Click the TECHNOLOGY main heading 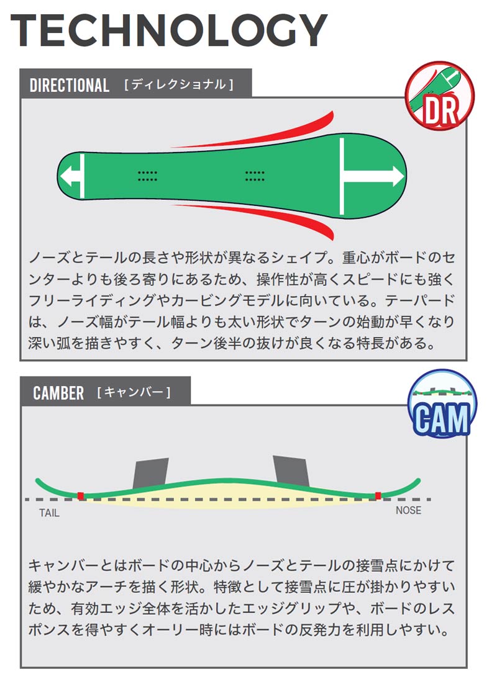[169, 30]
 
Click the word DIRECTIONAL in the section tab [69, 85]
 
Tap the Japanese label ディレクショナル [180, 84]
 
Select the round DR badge [439, 95]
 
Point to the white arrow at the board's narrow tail [72, 176]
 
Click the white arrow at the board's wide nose [372, 176]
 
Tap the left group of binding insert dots [147, 176]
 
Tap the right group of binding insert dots [255, 176]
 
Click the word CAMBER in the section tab [58, 393]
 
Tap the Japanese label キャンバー [134, 392]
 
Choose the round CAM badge [442, 403]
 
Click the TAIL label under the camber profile [49, 513]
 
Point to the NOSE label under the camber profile [408, 510]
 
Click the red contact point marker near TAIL [81, 496]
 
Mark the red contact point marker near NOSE [378, 496]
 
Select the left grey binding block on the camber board [151, 473]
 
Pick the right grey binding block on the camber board [291, 471]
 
